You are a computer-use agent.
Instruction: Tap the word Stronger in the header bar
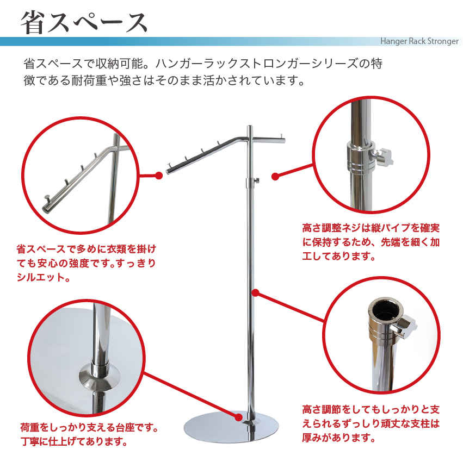[x=440, y=41]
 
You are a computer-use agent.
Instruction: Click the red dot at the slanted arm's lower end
[x=159, y=176]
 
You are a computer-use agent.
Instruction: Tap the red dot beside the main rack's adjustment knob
[x=275, y=176]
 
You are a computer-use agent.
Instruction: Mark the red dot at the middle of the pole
[x=255, y=293]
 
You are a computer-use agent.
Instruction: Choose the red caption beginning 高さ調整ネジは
[x=371, y=241]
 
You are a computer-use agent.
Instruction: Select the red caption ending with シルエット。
[x=87, y=263]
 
